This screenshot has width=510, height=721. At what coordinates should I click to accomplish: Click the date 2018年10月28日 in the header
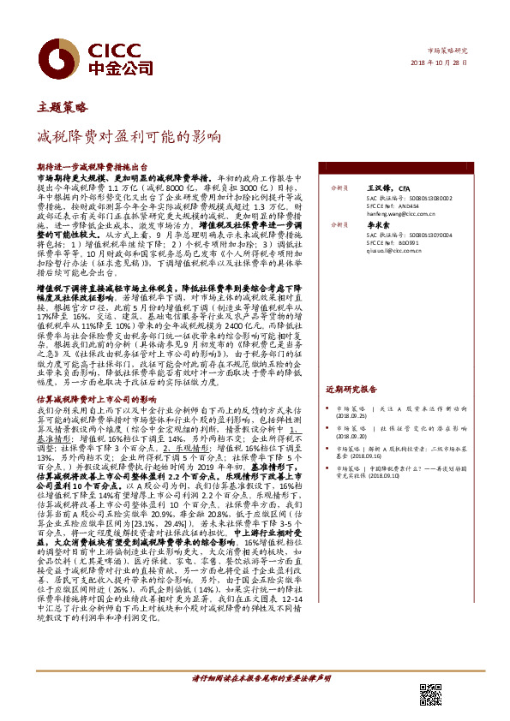click(459, 63)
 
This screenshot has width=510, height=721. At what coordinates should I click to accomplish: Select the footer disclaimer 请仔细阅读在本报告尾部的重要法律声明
click(259, 676)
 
